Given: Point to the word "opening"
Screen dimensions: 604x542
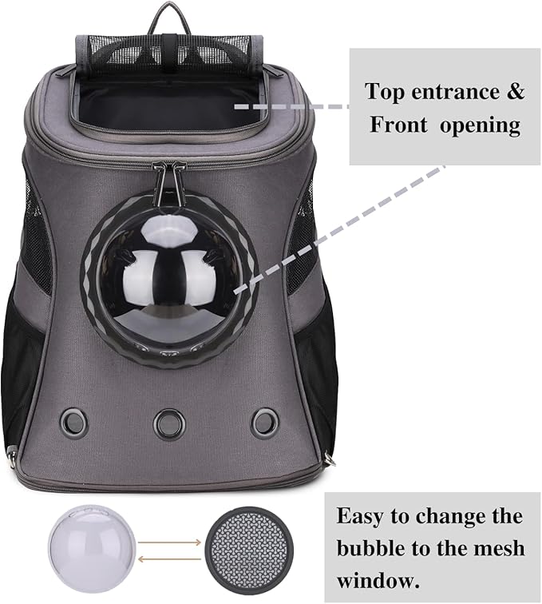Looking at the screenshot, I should point(482,126).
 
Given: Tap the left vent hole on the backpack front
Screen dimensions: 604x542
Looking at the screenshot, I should point(77,420).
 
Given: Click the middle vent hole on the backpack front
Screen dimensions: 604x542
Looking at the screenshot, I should point(168,423).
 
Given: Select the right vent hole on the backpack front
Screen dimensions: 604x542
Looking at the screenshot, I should point(264,421).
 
